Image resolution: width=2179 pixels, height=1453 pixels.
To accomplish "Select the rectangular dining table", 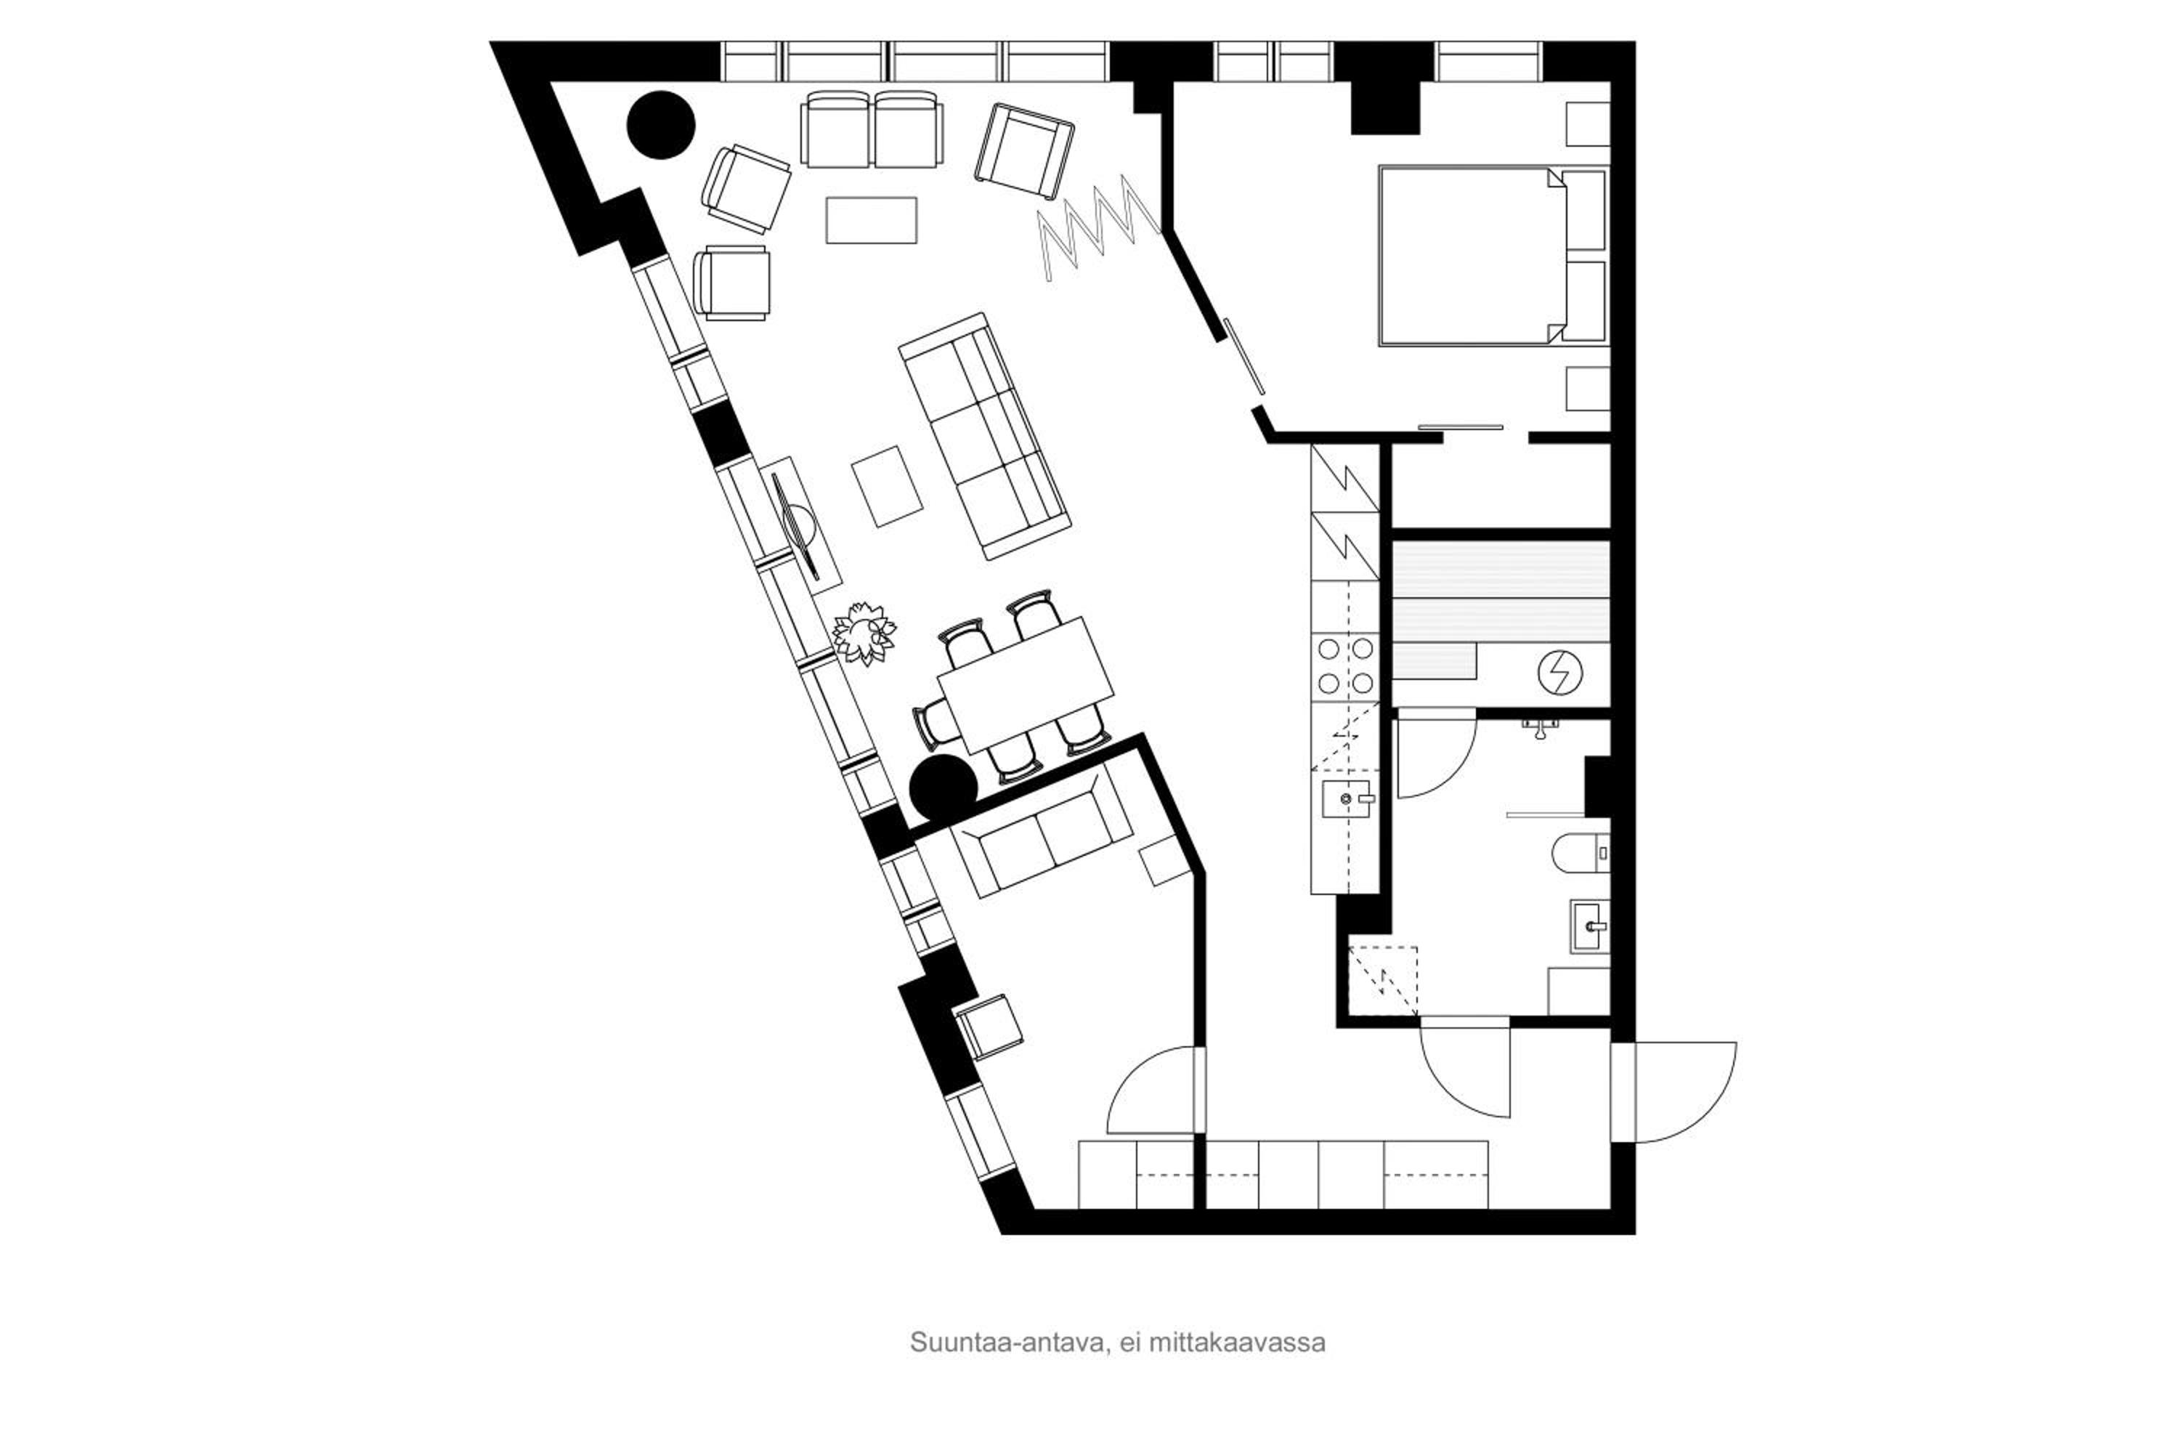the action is pos(1025,686).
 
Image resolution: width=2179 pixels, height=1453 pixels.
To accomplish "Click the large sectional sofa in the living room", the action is pos(984,435).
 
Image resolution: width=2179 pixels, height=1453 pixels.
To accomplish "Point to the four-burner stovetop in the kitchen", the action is pos(1345,665).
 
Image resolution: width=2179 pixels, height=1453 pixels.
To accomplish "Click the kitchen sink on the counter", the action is pos(1346,798).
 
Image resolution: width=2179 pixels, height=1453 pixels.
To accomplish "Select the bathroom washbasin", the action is pos(1590,926).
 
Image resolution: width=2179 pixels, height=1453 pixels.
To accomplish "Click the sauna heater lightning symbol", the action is pos(1560,673).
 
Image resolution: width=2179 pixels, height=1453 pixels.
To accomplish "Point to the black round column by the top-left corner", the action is pos(660,125).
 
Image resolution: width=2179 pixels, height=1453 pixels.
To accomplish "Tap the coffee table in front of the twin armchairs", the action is pos(871,221).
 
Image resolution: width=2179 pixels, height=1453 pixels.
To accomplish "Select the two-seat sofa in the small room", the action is pos(1042,832).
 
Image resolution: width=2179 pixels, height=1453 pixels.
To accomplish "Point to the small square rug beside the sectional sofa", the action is pos(887,487).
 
